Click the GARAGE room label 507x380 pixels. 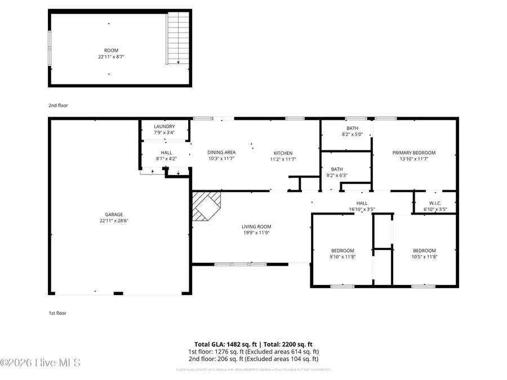(x=113, y=214)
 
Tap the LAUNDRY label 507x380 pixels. (x=164, y=127)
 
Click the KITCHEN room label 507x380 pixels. (x=283, y=153)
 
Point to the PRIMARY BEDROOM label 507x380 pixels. (x=414, y=153)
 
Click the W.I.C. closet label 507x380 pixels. (x=435, y=203)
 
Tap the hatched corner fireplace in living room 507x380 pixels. (x=206, y=206)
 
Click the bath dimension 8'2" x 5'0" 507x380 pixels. (x=353, y=135)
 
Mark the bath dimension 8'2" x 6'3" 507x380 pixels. (x=337, y=176)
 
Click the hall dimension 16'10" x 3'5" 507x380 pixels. (x=362, y=209)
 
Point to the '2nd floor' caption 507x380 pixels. (x=58, y=105)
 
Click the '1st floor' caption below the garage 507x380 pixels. (x=57, y=313)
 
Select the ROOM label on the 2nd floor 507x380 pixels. (x=111, y=51)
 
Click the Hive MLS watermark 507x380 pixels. (x=41, y=363)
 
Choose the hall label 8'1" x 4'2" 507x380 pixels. (x=166, y=159)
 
